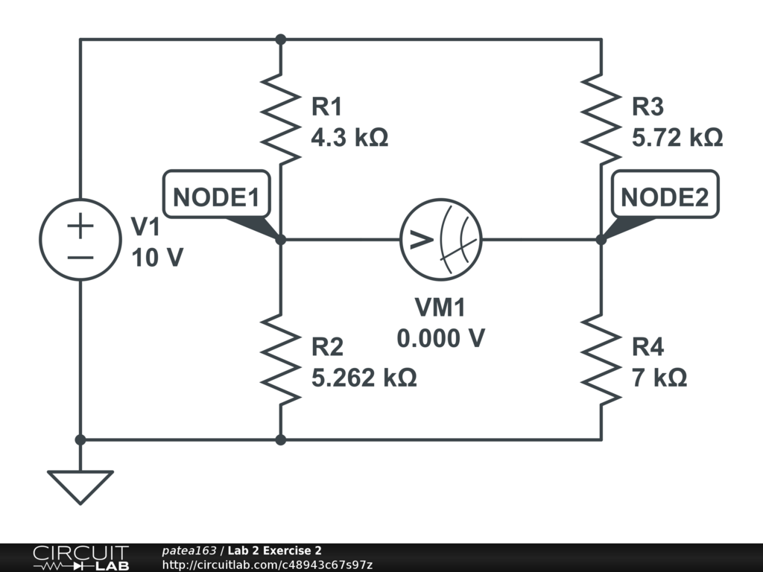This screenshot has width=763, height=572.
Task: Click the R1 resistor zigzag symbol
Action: pos(280,118)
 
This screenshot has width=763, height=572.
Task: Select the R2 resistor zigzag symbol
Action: pos(280,360)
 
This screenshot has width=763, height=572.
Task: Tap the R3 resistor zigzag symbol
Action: pos(601,118)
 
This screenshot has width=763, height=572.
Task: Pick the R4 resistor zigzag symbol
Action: pos(601,360)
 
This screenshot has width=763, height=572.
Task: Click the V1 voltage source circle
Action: pos(80,240)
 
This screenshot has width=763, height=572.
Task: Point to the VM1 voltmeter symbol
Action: pos(441,240)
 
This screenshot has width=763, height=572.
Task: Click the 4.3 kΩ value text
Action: pos(349,138)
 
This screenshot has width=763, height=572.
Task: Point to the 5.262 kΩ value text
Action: pos(364,378)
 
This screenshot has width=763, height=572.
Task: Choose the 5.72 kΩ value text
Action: pos(677,138)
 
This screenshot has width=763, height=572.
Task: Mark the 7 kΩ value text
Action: pos(659,378)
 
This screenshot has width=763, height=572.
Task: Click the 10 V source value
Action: pos(156,258)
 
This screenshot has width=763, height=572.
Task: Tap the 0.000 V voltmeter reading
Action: pos(440,339)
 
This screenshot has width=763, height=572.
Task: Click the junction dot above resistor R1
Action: pos(280,39)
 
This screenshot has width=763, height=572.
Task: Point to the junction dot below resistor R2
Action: pos(280,440)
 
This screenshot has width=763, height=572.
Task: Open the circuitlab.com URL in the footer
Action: pos(267,565)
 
